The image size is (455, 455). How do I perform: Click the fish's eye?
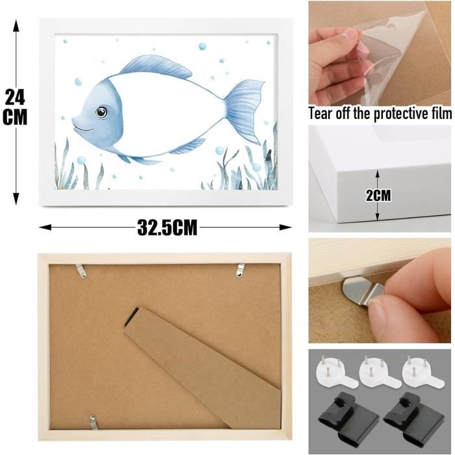click(x=101, y=112)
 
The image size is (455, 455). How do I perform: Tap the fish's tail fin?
click(x=244, y=112)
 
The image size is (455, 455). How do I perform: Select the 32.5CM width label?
click(x=167, y=227)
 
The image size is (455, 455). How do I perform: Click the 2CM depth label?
click(x=378, y=195)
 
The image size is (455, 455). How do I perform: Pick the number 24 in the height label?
click(x=15, y=97)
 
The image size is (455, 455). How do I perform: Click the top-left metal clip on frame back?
click(x=81, y=271)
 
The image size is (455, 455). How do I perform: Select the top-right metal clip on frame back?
click(x=240, y=270)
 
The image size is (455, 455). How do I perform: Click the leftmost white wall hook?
click(x=336, y=373)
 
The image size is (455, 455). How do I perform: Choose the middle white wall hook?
click(x=379, y=373)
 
